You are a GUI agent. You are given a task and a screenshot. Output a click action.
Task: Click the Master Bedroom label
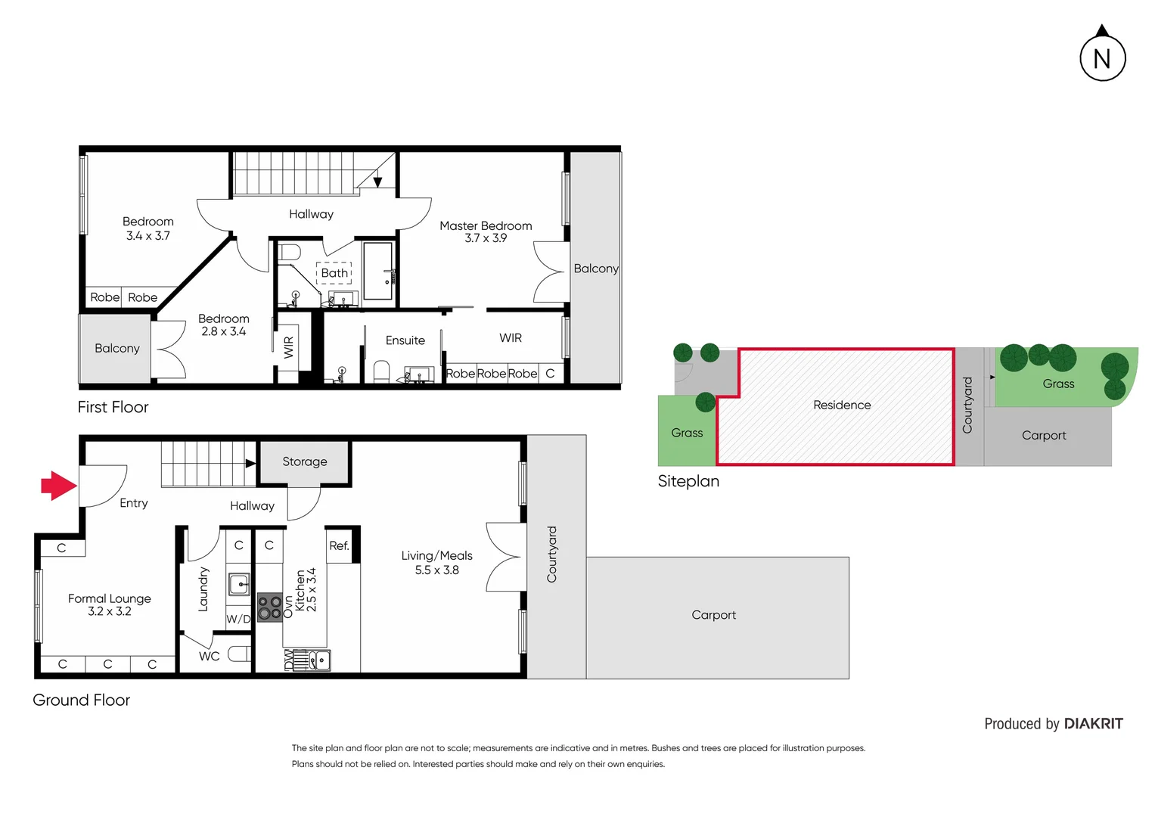click(486, 225)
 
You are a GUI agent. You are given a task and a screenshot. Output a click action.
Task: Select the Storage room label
click(304, 461)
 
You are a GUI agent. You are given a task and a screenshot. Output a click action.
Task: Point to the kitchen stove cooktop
click(269, 607)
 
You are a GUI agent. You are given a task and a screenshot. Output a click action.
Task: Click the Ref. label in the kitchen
click(339, 545)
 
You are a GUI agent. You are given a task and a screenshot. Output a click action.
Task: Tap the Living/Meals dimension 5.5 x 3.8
click(436, 570)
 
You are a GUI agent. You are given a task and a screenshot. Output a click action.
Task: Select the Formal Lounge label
click(110, 598)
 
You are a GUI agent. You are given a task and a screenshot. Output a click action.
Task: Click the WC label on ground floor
click(209, 656)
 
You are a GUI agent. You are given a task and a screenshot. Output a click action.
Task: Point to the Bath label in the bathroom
click(334, 273)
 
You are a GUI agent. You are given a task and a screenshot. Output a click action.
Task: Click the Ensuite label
click(405, 340)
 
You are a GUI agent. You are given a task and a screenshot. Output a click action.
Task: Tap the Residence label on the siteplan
click(842, 405)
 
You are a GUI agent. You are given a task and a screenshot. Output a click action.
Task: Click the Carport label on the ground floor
click(713, 615)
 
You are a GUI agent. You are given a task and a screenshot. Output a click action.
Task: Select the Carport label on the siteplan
click(1044, 435)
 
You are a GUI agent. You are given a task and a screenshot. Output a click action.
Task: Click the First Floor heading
click(113, 407)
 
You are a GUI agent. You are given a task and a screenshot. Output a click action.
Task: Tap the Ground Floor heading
click(81, 701)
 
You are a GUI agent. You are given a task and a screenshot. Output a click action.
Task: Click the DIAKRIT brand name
click(1093, 724)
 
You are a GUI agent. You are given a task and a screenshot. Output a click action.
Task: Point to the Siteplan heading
click(688, 481)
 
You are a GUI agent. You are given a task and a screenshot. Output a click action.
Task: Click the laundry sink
click(239, 584)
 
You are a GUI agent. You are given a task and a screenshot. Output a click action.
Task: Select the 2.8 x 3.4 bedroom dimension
click(223, 331)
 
